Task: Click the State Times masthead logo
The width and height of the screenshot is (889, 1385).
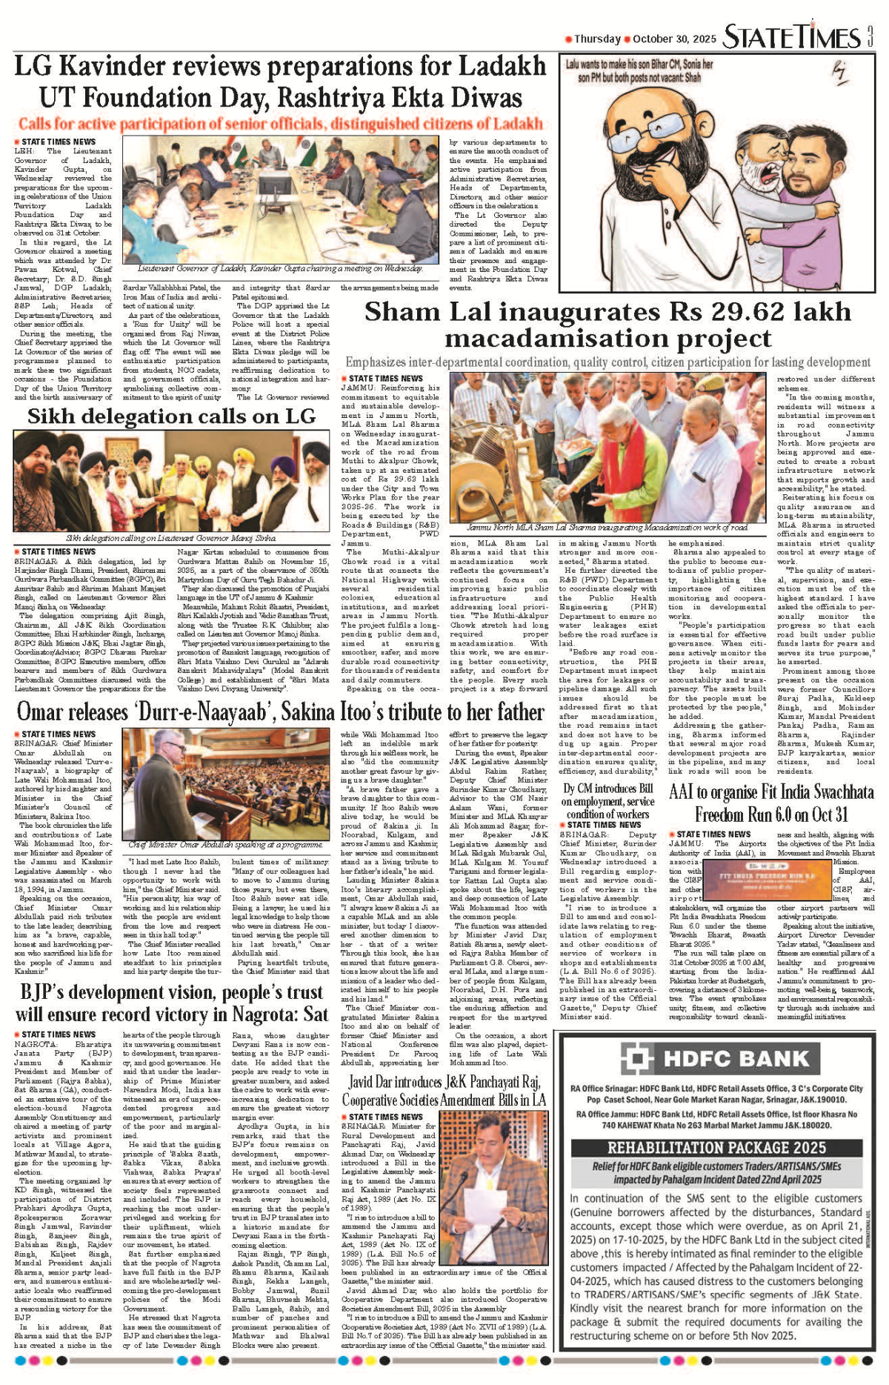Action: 791,36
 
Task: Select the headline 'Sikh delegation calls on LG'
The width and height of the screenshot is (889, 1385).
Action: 171,416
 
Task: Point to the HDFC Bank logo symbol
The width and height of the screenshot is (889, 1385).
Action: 635,1058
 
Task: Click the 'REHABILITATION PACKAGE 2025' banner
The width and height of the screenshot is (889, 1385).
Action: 716,1148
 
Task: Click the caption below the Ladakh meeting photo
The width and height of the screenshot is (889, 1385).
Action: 280,269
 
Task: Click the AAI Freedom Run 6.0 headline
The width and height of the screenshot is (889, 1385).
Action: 771,803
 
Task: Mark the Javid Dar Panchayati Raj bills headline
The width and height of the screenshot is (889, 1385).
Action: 444,1091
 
